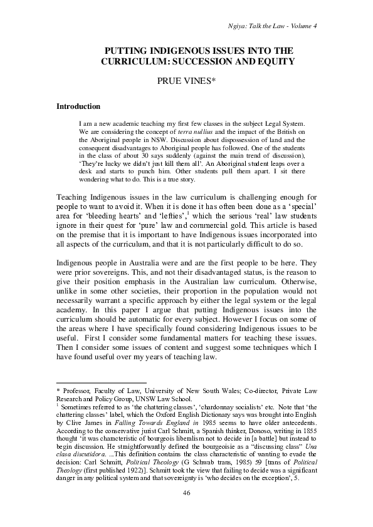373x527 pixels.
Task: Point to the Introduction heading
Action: (x=78, y=106)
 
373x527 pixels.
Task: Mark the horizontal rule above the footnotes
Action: (x=101, y=381)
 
